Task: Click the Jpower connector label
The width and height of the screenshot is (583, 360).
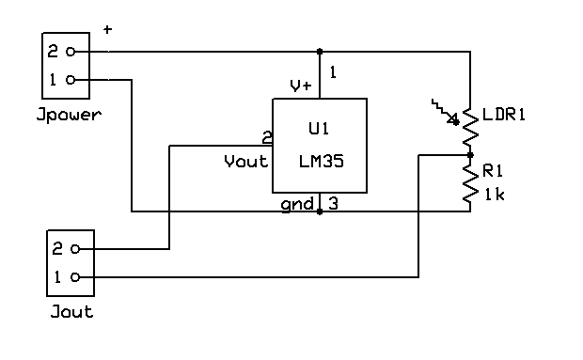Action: click(x=69, y=115)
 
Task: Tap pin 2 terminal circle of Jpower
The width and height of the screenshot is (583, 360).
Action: click(x=71, y=52)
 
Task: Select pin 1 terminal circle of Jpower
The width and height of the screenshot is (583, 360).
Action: click(x=71, y=80)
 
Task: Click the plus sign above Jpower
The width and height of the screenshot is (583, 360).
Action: click(x=107, y=29)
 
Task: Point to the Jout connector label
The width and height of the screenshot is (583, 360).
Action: click(x=71, y=311)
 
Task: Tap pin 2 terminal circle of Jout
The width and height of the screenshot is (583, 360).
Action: click(x=75, y=248)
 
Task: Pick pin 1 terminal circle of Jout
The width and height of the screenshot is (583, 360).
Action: click(x=75, y=276)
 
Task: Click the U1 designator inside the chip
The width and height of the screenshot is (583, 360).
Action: click(x=319, y=129)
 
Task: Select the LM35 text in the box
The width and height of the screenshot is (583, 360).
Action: click(x=322, y=162)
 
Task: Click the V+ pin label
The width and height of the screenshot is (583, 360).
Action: click(x=301, y=86)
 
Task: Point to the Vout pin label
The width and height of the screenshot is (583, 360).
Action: click(x=245, y=162)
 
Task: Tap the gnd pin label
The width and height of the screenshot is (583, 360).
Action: click(x=297, y=205)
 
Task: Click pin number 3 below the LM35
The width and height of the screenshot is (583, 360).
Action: click(x=333, y=204)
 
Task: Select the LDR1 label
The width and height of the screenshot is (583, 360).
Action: click(x=504, y=115)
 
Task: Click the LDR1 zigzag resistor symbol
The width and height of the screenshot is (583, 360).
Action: click(x=470, y=127)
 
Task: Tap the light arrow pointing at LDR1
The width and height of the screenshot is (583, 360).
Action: click(x=445, y=112)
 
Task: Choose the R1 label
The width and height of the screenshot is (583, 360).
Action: click(x=493, y=171)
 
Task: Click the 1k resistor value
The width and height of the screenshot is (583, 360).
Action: click(x=495, y=195)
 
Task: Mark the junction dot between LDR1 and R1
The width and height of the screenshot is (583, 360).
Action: click(x=470, y=155)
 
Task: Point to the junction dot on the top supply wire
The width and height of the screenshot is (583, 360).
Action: click(x=320, y=52)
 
